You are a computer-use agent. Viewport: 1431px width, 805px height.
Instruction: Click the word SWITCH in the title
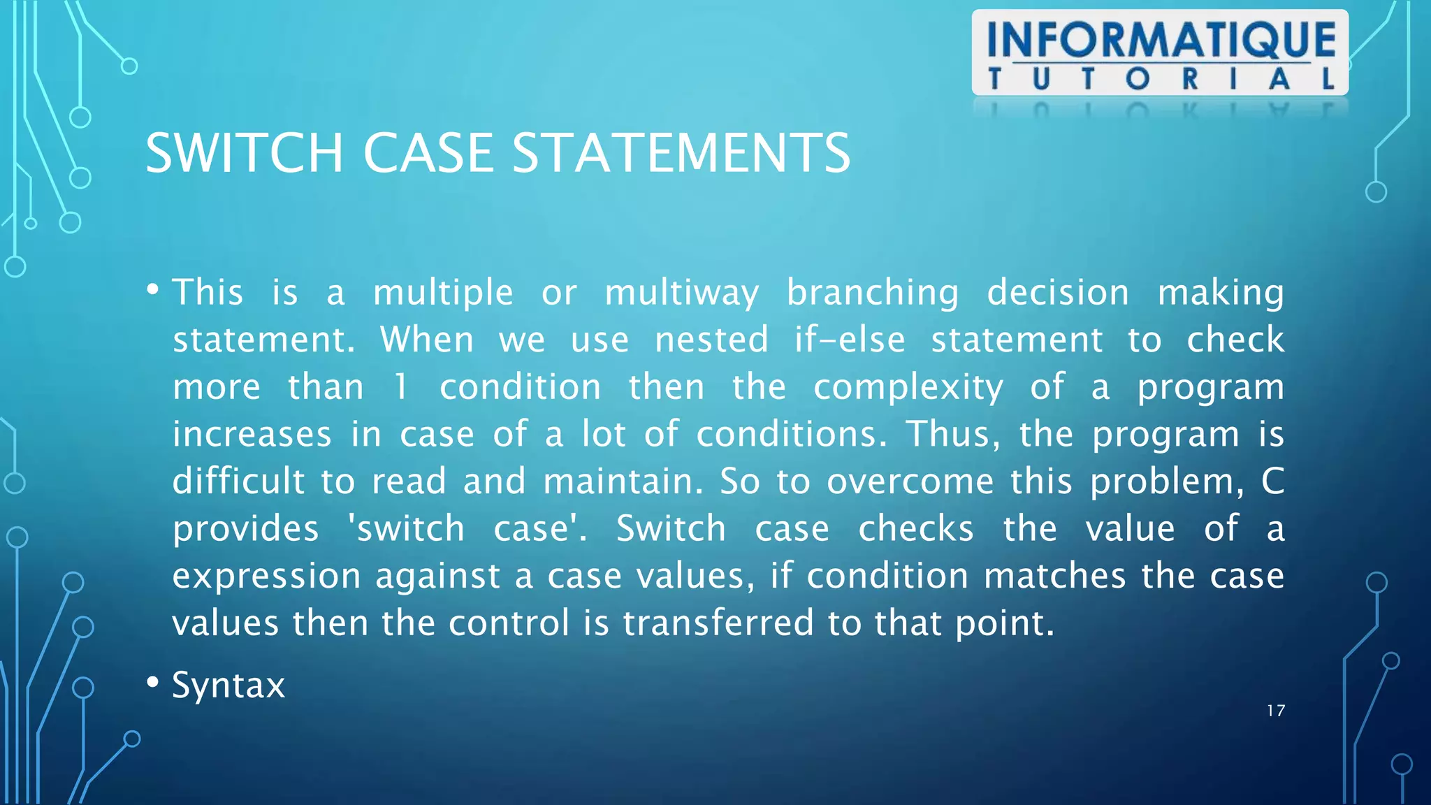(244, 153)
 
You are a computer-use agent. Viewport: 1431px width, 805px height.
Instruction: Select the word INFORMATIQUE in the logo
(1161, 40)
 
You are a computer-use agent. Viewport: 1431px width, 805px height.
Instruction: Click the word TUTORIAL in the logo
(1161, 79)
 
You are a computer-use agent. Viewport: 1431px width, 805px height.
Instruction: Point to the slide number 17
(1276, 711)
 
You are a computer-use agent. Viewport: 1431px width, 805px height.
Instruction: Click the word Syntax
(228, 686)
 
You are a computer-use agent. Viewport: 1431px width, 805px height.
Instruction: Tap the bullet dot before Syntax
(153, 682)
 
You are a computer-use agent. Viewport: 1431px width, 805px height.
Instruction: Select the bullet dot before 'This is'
(153, 289)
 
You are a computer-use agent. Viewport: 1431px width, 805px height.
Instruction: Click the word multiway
(681, 293)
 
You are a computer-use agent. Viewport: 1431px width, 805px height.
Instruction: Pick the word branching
(873, 293)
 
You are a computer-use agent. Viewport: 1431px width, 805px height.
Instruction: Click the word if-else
(850, 340)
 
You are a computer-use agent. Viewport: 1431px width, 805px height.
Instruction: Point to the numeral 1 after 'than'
(400, 387)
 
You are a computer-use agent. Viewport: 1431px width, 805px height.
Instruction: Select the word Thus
(952, 434)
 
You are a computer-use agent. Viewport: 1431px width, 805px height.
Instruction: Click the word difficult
(238, 481)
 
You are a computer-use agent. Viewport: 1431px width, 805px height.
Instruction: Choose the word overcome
(910, 481)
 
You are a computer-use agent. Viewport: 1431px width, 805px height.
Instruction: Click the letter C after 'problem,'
(1272, 481)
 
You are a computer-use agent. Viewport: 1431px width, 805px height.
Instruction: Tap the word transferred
(718, 623)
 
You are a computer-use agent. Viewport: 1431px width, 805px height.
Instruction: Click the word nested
(711, 340)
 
